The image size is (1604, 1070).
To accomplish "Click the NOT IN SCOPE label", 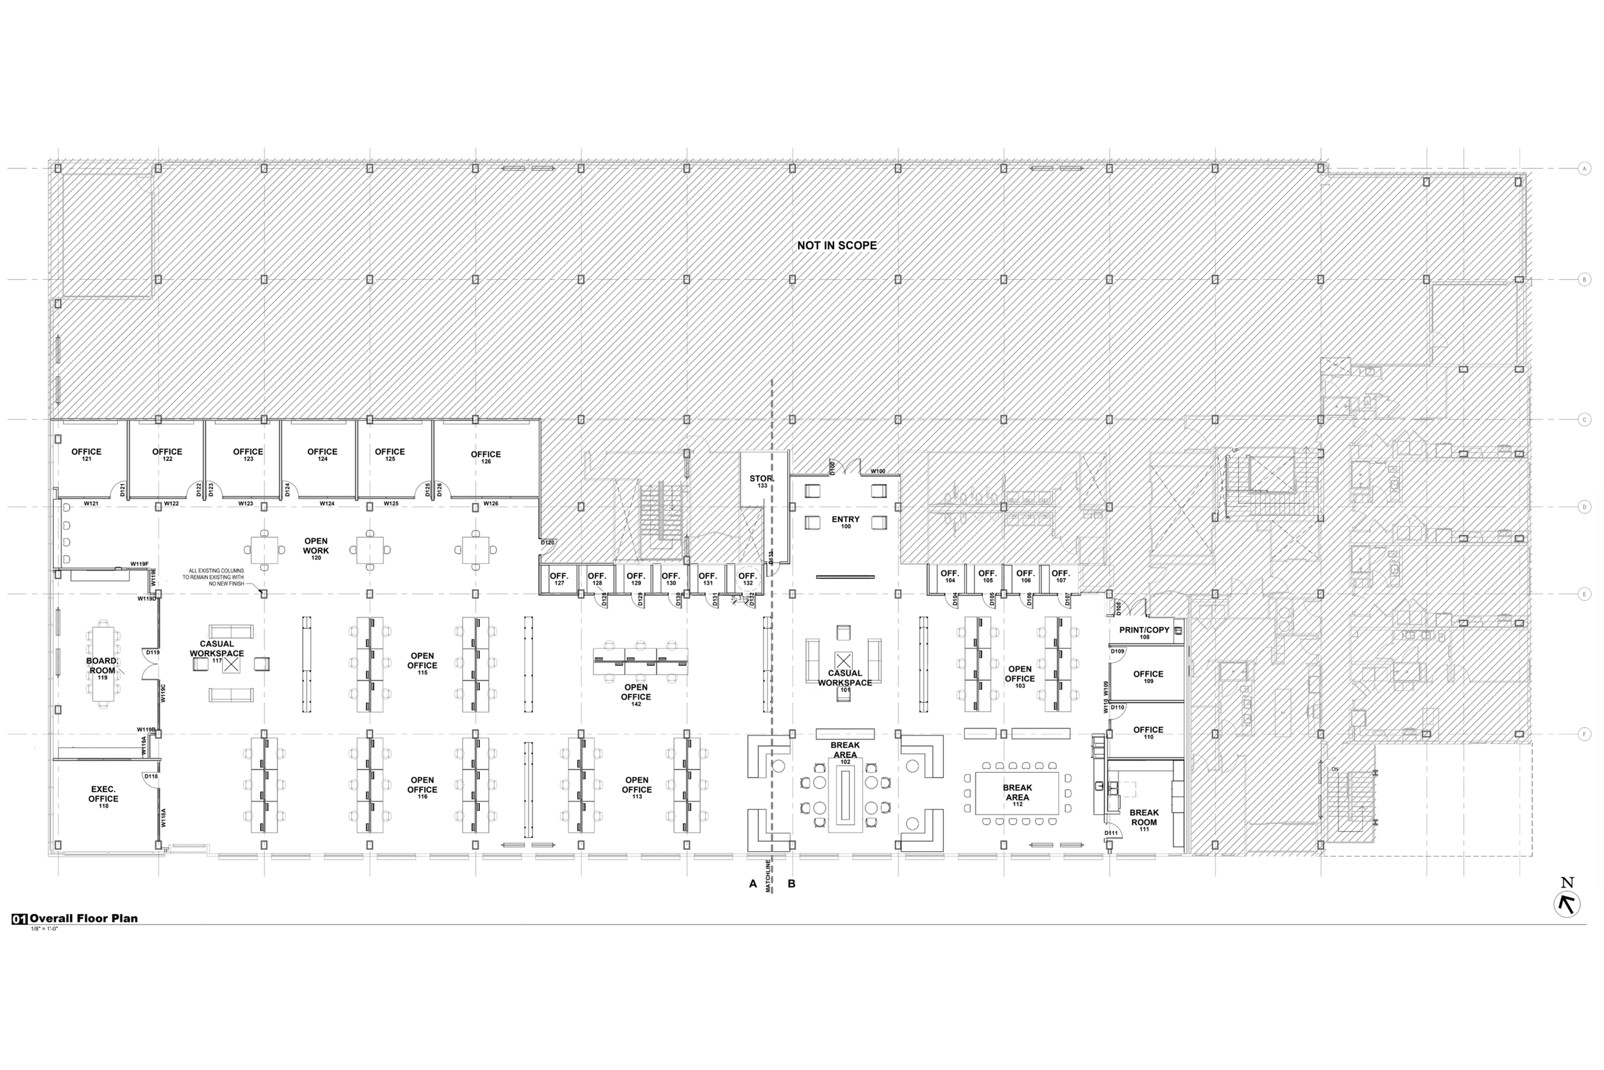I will [x=837, y=246].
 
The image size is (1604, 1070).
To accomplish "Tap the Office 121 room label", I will [x=87, y=454].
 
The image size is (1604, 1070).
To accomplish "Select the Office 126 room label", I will [x=486, y=457].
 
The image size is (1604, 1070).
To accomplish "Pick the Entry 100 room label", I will [x=846, y=522].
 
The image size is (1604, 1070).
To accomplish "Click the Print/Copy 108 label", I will [x=1145, y=633].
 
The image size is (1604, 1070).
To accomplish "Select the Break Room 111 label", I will [x=1144, y=820].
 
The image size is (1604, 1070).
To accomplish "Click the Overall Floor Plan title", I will [x=83, y=919].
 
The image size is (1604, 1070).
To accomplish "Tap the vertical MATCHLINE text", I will [x=769, y=876].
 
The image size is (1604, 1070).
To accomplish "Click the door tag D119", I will [x=152, y=652].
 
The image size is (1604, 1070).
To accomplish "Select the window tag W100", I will [x=878, y=471].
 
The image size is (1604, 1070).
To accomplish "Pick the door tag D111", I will [x=1112, y=833].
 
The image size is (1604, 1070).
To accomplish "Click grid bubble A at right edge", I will [x=1585, y=169].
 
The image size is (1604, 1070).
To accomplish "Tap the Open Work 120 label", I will [x=316, y=549].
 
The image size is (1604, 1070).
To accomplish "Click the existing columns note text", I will [x=213, y=577].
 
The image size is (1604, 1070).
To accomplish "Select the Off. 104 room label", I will [x=950, y=576].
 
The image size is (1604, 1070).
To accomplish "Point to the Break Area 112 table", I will [x=1017, y=793].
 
